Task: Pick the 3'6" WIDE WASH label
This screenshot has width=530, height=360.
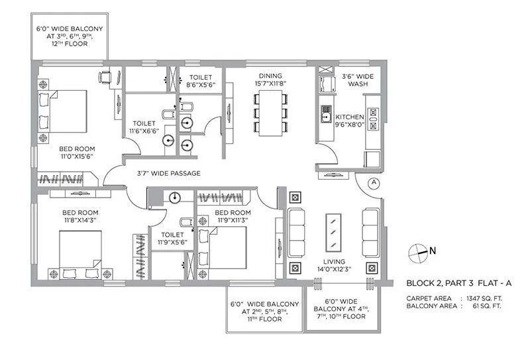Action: [x=358, y=80]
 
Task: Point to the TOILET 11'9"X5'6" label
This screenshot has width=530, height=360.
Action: [x=172, y=239]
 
